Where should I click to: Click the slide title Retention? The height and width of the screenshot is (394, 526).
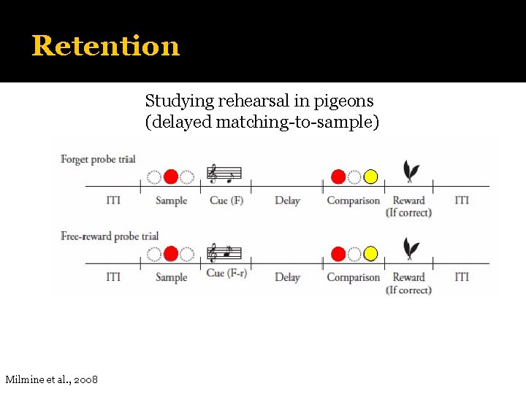pos(105,45)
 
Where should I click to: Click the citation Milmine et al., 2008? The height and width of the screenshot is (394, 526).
pos(52,379)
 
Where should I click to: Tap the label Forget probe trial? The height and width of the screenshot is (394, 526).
pos(98,159)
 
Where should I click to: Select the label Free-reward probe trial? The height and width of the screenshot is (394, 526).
pos(110,236)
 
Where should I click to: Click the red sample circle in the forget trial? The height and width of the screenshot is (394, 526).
pos(170,177)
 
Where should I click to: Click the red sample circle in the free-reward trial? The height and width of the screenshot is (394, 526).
pos(170,253)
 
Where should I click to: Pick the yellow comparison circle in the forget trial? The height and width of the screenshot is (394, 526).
pos(370,177)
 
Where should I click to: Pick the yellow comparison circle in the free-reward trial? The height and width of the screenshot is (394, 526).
pos(370,253)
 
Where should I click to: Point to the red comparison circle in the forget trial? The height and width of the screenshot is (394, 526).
pos(338,177)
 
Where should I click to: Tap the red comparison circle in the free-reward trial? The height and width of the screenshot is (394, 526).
pos(338,253)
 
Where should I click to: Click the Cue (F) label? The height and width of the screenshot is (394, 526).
pos(226,201)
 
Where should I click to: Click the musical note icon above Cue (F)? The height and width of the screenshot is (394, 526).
pos(224,174)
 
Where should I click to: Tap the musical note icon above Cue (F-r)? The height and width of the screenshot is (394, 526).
pos(224,252)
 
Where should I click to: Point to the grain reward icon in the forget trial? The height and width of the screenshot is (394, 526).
pos(412,172)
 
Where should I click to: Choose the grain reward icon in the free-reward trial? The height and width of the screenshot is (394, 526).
pos(412,249)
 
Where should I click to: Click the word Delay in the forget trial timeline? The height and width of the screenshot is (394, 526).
pos(287,201)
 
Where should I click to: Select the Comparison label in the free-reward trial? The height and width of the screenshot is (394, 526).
pos(354,277)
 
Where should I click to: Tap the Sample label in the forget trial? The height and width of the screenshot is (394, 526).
pos(172,201)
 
